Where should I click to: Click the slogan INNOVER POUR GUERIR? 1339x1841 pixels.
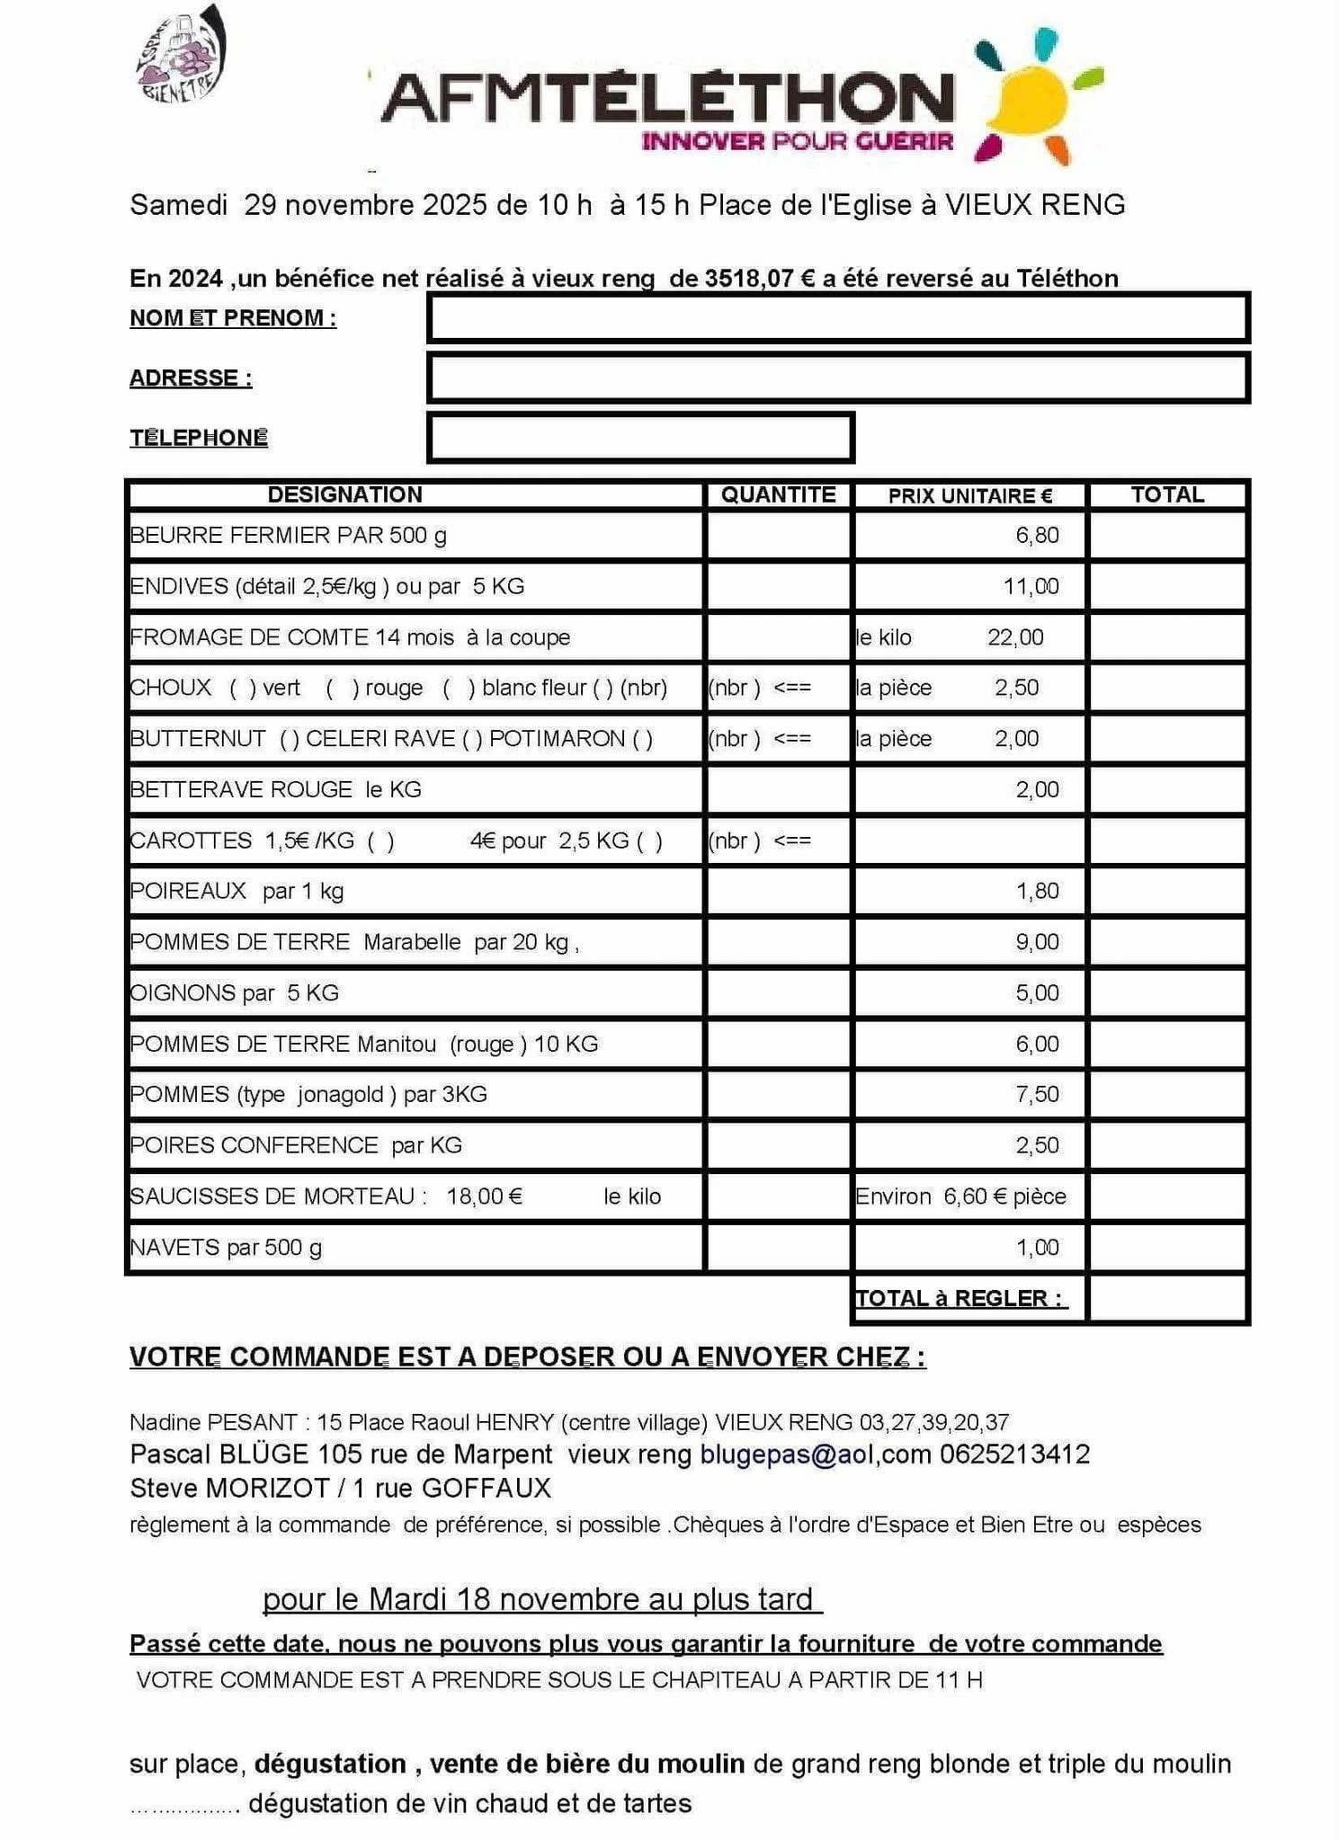[x=797, y=141]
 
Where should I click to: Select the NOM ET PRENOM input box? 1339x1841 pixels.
[x=837, y=318]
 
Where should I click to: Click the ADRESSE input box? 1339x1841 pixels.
[x=837, y=378]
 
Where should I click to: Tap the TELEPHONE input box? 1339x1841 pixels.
[x=640, y=438]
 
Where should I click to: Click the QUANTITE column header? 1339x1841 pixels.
[x=778, y=494]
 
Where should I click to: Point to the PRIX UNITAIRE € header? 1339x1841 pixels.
[x=969, y=495]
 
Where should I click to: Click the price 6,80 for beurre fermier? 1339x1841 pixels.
[x=1037, y=536]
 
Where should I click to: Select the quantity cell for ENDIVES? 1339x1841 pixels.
[x=778, y=586]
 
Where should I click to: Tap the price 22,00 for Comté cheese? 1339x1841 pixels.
[x=1015, y=637]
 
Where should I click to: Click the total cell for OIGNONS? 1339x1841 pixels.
[x=1166, y=993]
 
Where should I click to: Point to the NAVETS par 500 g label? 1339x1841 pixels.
[x=226, y=1248]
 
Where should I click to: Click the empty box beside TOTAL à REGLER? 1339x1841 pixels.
[x=1166, y=1299]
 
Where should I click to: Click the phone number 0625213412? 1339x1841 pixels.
[x=1015, y=1454]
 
